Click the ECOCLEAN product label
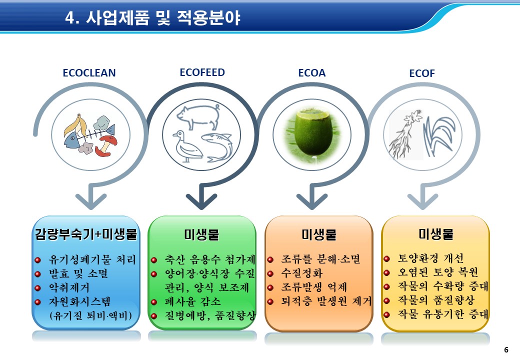(89, 73)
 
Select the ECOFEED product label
(202, 72)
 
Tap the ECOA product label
(311, 73)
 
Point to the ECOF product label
(422, 73)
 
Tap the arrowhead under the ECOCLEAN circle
(91, 201)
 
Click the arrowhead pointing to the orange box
(311, 201)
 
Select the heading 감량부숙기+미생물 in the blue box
(86, 234)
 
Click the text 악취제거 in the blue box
(69, 287)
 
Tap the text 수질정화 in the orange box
(302, 273)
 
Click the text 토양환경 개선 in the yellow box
(431, 258)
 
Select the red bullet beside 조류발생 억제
(270, 287)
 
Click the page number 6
(506, 349)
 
